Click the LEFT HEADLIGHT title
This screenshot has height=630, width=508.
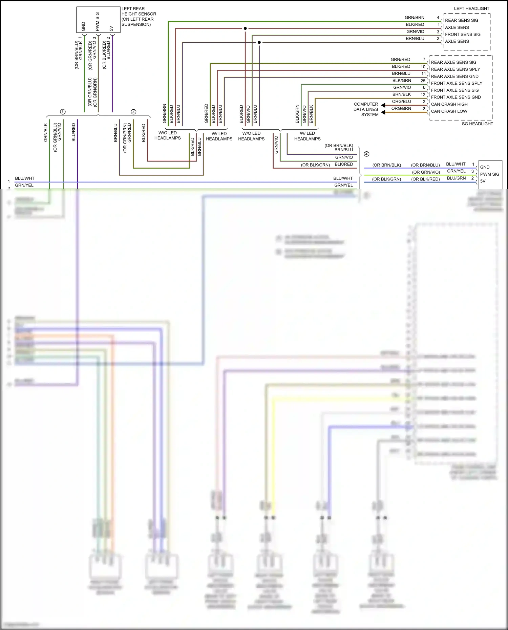[x=471, y=8]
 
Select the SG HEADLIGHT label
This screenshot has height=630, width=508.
[x=477, y=124]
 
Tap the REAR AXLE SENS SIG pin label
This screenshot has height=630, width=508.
[x=453, y=62]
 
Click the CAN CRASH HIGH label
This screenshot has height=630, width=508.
[x=449, y=104]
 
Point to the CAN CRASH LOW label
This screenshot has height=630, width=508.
[x=449, y=111]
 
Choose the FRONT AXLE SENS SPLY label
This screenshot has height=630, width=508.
[x=456, y=83]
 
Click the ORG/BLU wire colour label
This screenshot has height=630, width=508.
[x=401, y=102]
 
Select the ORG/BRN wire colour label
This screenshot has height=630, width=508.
[x=401, y=109]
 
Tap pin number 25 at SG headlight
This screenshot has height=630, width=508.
[x=423, y=81]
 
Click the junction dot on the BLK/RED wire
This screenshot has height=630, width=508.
[x=245, y=28]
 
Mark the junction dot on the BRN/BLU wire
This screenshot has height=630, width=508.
[x=259, y=42]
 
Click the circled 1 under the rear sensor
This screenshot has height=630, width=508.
[x=63, y=112]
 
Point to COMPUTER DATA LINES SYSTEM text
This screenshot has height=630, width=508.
[x=366, y=109]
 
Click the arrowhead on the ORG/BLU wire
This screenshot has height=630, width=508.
[x=383, y=105]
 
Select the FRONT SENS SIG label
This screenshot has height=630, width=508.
[x=462, y=35]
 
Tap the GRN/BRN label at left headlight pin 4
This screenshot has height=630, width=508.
[x=414, y=18]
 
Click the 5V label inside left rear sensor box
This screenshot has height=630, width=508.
[x=111, y=28]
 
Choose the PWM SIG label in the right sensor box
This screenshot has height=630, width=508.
[x=489, y=174]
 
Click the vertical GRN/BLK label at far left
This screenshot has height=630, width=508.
[x=46, y=132]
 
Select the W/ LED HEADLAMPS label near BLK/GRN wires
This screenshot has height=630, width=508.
[x=307, y=136]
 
